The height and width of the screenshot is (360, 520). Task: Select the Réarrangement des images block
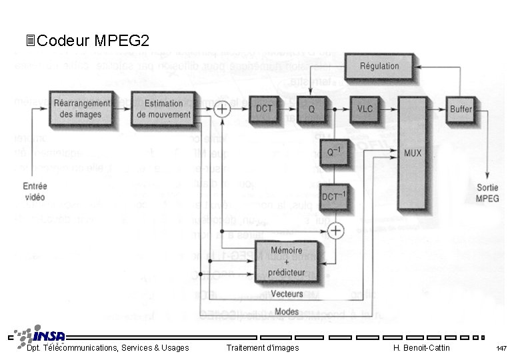83,108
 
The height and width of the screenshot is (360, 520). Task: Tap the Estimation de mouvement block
163,108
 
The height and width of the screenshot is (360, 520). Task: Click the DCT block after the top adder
265,109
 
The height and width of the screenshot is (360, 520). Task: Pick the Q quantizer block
310,109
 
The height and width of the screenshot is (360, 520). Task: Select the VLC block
365,109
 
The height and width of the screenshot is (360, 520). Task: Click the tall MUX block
413,153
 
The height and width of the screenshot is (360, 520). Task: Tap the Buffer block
461,109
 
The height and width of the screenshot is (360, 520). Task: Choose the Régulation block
379,66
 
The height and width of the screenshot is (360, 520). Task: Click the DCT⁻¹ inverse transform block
334,196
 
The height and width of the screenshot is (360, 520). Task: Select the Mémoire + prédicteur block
287,261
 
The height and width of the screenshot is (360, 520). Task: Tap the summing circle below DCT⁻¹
337,230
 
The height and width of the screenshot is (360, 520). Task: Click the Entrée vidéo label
34,192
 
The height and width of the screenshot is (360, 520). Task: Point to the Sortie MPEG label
487,193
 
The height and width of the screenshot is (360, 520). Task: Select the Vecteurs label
287,294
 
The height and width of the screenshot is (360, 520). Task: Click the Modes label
287,311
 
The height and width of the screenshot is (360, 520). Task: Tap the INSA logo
41,334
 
